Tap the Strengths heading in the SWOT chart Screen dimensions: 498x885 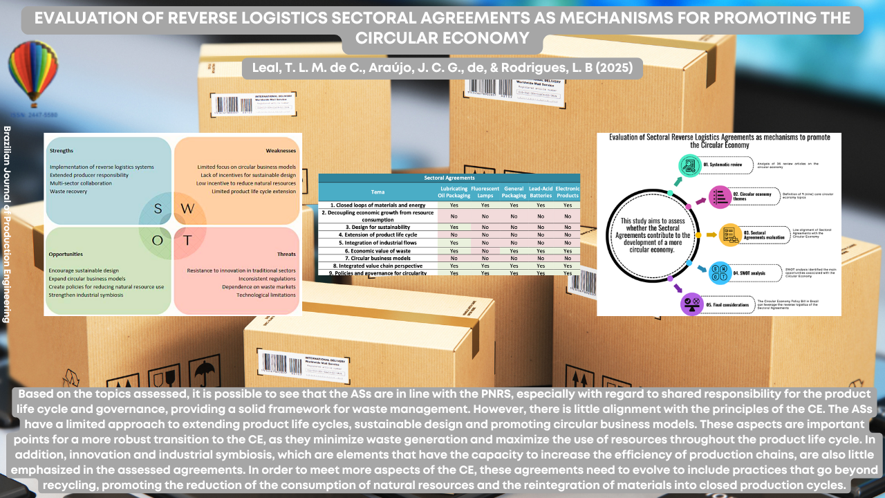[x=62, y=150]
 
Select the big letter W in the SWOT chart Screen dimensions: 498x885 [x=188, y=208]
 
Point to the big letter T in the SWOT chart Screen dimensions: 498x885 [x=187, y=241]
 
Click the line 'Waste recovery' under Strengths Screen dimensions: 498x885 [x=68, y=192]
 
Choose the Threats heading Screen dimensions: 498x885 [x=286, y=254]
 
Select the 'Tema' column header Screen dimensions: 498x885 [x=378, y=192]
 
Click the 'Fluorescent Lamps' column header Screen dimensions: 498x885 [x=485, y=192]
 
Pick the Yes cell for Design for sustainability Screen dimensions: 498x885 [x=454, y=227]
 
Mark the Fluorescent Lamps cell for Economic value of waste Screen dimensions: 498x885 [x=485, y=250]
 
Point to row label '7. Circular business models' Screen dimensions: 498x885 [x=376, y=258]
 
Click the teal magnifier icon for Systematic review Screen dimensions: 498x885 [x=689, y=165]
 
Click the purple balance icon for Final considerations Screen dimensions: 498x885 [x=691, y=304]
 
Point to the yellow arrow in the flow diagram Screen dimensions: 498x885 [x=711, y=235]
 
